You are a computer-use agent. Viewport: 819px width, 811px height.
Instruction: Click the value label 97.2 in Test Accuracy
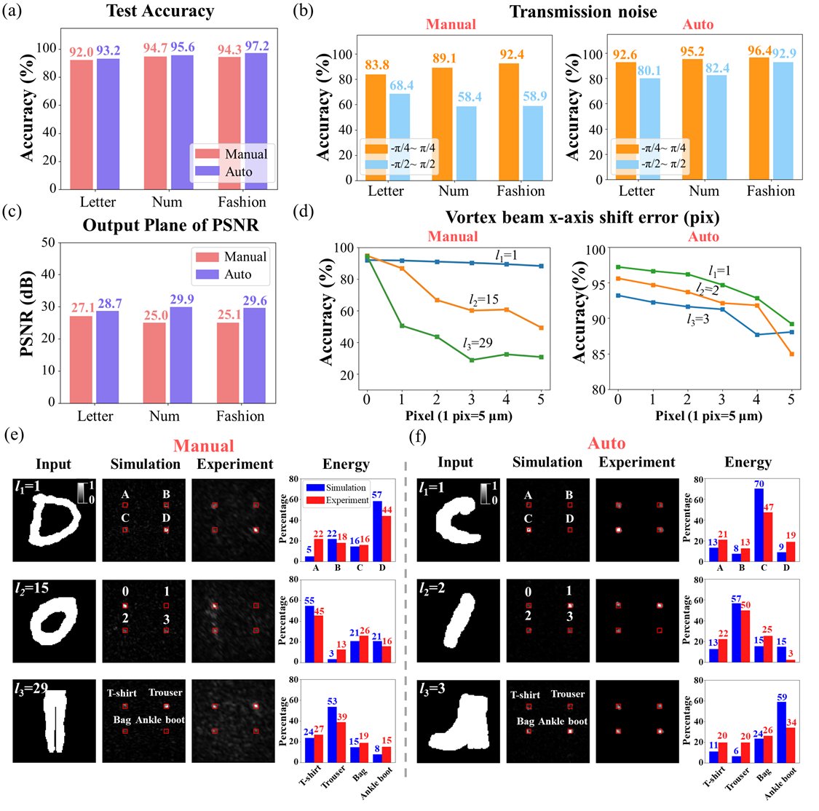click(x=257, y=47)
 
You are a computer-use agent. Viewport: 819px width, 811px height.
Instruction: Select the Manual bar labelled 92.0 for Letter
click(x=82, y=124)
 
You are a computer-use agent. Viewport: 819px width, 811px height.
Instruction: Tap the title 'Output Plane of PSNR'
click(x=170, y=225)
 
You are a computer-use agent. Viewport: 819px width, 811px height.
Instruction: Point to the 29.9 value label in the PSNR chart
click(x=182, y=298)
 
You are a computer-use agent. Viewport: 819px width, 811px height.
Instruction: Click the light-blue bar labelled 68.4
click(x=400, y=137)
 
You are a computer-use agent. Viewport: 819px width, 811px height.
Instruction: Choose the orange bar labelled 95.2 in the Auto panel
click(x=692, y=119)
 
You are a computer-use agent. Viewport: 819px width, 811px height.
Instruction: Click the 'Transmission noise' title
click(x=583, y=12)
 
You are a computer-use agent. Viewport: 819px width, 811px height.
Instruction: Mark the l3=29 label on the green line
click(x=478, y=343)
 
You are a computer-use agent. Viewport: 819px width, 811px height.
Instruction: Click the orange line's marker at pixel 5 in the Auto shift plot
click(x=791, y=354)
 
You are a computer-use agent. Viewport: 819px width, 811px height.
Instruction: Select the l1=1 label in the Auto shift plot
click(x=719, y=271)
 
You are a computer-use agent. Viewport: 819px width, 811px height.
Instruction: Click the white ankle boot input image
click(x=459, y=722)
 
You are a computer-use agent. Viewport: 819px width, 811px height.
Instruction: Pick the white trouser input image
click(x=55, y=721)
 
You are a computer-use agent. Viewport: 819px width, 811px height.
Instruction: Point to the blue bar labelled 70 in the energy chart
click(x=759, y=525)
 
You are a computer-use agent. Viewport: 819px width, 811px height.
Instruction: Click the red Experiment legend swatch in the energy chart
click(x=315, y=500)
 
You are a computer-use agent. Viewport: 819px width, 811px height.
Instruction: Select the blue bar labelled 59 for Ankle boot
click(x=781, y=732)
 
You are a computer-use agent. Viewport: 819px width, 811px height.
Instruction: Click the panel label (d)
click(x=304, y=212)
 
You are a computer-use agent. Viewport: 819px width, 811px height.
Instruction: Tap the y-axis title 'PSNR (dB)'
click(x=27, y=313)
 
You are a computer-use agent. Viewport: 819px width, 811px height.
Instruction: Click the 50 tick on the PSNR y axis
click(x=49, y=242)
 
